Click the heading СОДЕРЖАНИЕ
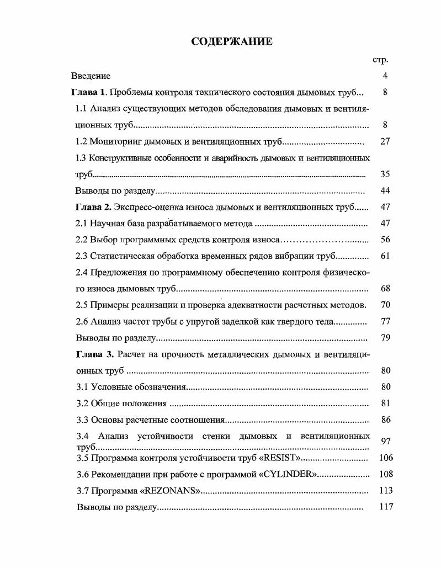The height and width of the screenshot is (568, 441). click(232, 41)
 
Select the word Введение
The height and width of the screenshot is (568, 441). click(91, 76)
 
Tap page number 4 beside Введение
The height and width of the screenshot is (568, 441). click(385, 76)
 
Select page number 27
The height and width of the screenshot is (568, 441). click(385, 141)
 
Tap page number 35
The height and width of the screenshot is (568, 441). click(385, 174)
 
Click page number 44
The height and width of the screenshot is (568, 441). click(385, 191)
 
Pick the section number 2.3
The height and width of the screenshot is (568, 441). click(81, 256)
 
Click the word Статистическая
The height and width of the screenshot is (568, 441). click(120, 256)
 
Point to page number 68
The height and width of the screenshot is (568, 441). click(385, 289)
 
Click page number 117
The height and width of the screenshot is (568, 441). click(386, 507)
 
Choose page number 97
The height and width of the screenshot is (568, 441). click(386, 441)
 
